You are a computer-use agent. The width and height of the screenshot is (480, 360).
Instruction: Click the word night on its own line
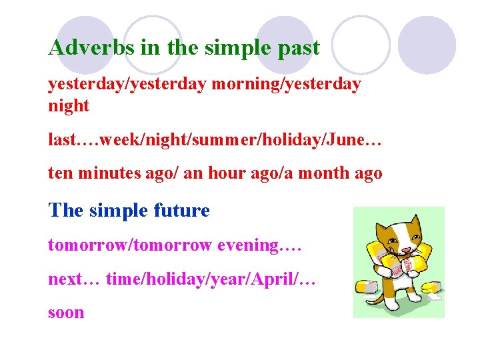click(69, 106)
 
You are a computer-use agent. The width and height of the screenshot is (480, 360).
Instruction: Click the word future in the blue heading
click(181, 211)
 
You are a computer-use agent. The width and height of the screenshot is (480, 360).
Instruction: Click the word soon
click(66, 312)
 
